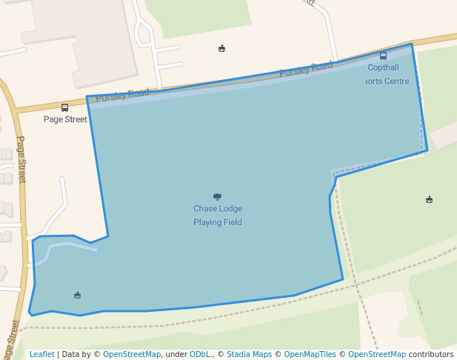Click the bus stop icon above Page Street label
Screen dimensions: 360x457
(64, 107)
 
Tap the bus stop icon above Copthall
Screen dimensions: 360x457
(383, 56)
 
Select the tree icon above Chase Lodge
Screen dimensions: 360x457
(217, 196)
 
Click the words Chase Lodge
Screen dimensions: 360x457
(218, 209)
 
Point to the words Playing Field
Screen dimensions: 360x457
(218, 222)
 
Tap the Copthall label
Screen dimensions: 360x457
(383, 67)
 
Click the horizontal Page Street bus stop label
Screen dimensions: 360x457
(65, 119)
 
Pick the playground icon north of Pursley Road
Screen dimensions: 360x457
(221, 49)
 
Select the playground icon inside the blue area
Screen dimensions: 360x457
(78, 296)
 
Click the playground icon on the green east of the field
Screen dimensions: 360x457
(429, 199)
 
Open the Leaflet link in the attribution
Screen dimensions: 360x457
(41, 354)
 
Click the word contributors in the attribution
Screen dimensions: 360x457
(431, 354)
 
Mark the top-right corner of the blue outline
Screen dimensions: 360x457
(412, 44)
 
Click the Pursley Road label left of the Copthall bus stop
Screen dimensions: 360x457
(306, 69)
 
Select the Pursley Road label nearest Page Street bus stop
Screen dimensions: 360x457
(122, 94)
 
